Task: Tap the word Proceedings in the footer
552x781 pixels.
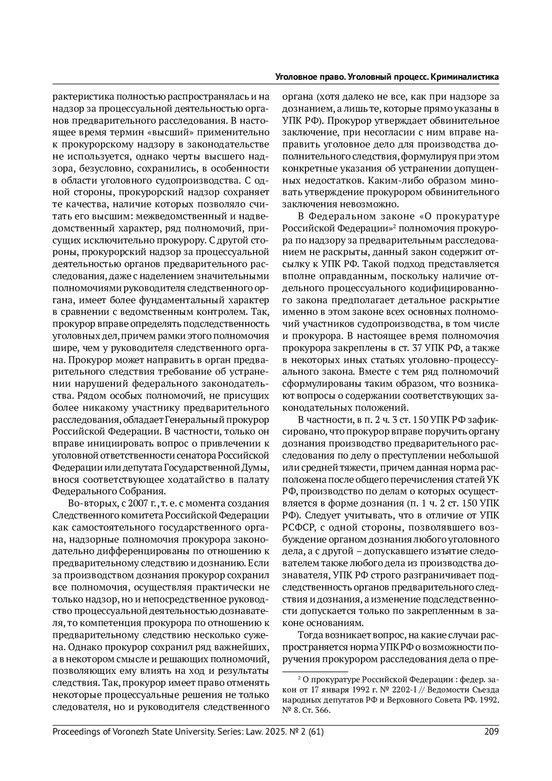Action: [x=75, y=731]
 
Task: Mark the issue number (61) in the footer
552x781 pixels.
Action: [x=314, y=731]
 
